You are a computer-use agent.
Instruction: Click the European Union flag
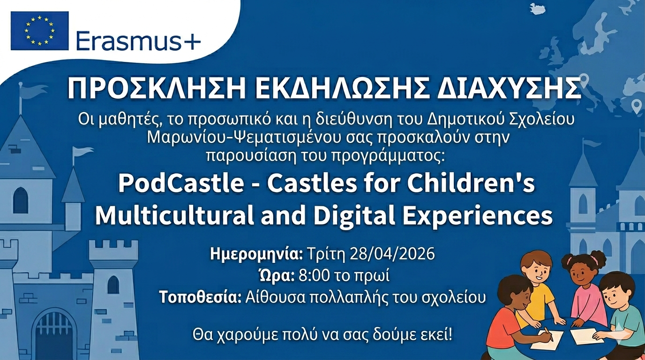coord(40,31)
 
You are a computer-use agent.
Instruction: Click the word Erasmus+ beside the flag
coord(138,41)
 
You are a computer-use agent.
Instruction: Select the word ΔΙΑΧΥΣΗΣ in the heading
coord(508,89)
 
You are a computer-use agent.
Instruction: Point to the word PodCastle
coord(181,184)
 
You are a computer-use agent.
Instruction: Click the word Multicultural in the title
coord(174,216)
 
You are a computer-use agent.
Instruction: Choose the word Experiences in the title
coord(477,217)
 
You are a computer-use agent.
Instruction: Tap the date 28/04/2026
coord(392,254)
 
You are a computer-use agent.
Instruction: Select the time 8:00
coord(314,276)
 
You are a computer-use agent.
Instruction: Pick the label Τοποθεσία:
coord(201,297)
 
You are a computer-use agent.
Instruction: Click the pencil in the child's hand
coord(548,334)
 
